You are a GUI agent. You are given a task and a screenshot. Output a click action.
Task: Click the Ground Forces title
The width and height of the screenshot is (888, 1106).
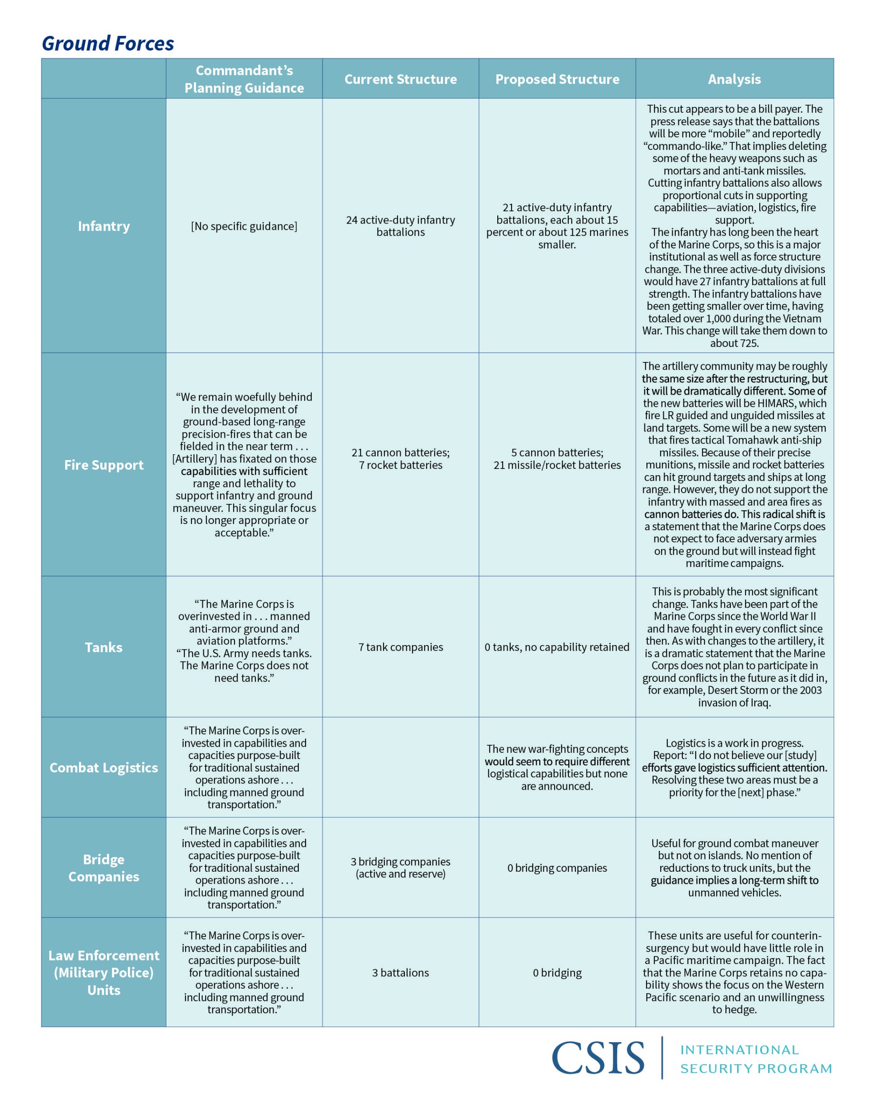tap(108, 43)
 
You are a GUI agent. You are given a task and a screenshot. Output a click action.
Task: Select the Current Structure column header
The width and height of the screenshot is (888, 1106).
tap(400, 79)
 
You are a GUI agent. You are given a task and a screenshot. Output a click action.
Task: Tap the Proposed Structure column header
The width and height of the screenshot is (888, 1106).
tap(557, 79)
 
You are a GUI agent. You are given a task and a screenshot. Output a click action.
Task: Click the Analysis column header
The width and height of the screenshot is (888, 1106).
tap(734, 79)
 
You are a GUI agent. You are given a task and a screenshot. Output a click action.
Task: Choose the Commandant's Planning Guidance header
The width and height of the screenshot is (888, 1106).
tap(244, 79)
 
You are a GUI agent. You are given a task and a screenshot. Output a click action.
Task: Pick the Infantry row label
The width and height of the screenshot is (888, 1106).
tap(104, 226)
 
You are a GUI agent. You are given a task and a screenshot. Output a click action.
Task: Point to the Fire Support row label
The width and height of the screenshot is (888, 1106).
tap(104, 465)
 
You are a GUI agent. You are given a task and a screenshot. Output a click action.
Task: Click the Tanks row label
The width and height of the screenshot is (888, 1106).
tap(104, 647)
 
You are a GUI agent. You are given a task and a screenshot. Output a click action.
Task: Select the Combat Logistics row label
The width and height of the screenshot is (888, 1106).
tap(104, 768)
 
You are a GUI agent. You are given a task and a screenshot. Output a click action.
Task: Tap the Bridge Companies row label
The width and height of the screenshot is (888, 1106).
tap(104, 868)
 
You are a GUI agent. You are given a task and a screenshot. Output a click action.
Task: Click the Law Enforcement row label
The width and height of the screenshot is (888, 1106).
tap(104, 972)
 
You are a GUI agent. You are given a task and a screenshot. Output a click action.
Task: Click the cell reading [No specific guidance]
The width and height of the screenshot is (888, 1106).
tap(244, 226)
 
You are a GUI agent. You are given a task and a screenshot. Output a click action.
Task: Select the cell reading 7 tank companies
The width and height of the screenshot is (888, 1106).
tap(400, 647)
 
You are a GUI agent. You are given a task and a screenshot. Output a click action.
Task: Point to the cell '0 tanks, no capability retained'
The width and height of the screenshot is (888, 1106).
tap(557, 647)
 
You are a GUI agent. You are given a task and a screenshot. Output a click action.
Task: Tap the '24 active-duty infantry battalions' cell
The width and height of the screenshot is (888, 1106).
tap(400, 226)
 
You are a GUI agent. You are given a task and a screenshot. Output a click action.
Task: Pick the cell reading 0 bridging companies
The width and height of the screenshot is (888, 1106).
tap(557, 868)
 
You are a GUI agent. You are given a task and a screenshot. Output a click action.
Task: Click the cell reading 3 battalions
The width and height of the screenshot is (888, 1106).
tap(400, 972)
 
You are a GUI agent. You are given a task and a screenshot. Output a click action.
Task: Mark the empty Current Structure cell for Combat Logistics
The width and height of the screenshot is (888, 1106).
tap(400, 768)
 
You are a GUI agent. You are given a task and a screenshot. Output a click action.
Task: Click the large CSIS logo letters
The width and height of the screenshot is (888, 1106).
tap(598, 1058)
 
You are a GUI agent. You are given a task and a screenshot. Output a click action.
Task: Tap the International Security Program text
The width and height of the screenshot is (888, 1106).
tap(756, 1059)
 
